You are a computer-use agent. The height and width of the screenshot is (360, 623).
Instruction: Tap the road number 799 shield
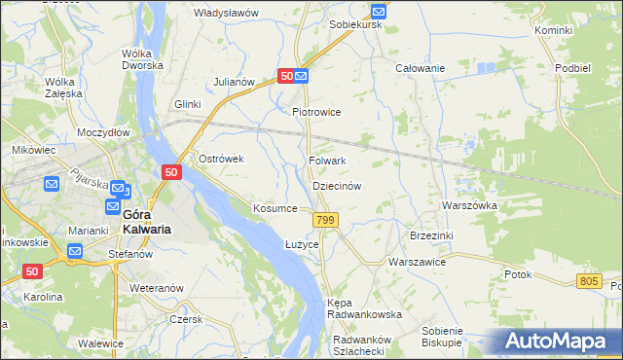point(326,221)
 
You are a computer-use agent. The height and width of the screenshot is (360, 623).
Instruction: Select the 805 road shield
point(588,280)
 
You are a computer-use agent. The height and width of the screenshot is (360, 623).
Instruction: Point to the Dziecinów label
point(337,186)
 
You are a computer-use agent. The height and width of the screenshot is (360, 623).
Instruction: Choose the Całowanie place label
point(420,68)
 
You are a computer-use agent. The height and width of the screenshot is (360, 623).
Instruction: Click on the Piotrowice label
point(316,112)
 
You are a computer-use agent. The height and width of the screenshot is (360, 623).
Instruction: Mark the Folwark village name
point(327,161)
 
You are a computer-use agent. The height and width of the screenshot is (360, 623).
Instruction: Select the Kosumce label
point(275,208)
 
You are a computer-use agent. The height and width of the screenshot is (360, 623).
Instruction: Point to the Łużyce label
point(302,243)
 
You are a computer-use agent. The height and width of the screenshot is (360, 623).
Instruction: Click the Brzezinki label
point(432,235)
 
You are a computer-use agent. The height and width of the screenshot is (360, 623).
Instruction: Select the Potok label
point(518,274)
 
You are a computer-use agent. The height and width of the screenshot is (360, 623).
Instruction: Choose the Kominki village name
point(553,31)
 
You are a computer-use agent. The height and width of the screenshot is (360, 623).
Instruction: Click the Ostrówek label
point(220,159)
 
